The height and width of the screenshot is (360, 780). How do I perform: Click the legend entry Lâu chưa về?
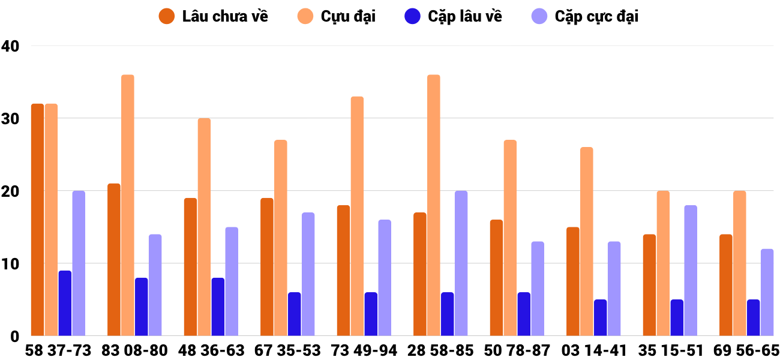(214, 16)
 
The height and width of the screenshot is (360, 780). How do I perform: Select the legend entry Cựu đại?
(337, 16)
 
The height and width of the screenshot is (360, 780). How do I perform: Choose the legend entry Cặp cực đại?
(584, 16)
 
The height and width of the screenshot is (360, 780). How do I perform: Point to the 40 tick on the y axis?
(11, 46)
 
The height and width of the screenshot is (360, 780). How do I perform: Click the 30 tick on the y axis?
(11, 119)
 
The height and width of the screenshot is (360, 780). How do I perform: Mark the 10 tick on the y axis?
(11, 264)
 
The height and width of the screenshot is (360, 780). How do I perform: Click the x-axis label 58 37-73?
(58, 350)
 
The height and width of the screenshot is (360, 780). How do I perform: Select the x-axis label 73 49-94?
(364, 350)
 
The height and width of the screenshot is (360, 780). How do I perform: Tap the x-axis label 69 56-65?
(746, 350)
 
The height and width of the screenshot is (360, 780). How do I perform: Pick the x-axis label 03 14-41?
(593, 350)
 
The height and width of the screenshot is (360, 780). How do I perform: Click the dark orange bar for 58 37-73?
(37, 220)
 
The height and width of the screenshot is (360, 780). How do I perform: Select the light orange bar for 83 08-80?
(127, 205)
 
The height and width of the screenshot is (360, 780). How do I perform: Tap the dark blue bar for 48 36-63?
(218, 307)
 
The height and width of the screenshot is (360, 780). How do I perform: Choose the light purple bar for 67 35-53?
(308, 274)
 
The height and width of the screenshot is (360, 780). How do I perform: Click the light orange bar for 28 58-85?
(433, 205)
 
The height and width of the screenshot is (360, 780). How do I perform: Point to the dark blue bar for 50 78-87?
(524, 314)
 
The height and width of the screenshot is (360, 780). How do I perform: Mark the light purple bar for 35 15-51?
(691, 271)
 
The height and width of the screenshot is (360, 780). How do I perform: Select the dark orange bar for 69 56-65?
(725, 285)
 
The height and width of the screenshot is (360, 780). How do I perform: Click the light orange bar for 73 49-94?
(357, 216)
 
